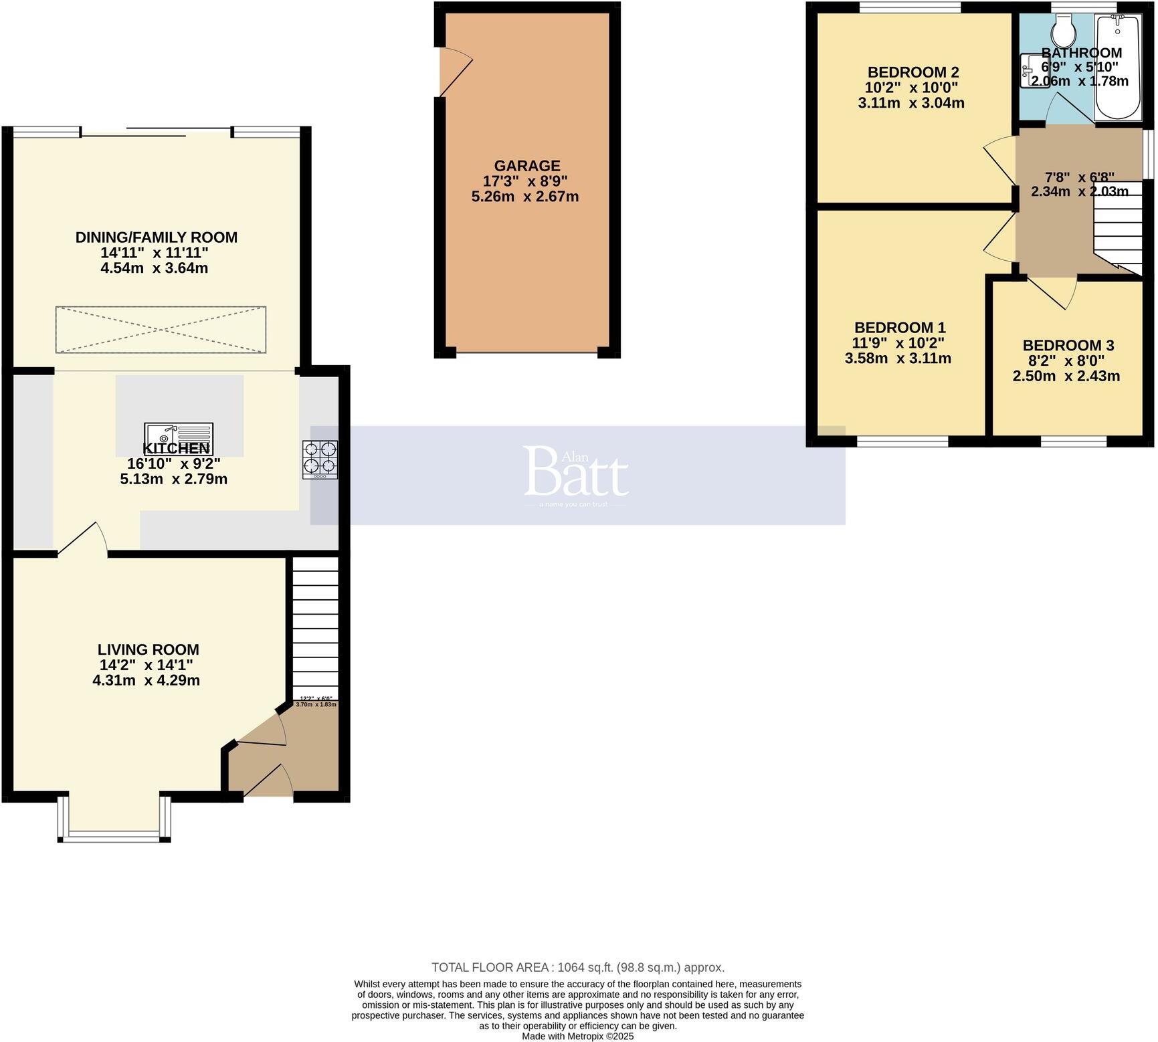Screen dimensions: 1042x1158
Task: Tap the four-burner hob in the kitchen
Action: [320, 459]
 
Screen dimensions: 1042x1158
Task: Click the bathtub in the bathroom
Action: [1118, 67]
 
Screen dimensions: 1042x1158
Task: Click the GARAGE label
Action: [526, 166]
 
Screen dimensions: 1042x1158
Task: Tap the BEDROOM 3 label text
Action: [1068, 346]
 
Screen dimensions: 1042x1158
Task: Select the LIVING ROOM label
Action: [148, 649]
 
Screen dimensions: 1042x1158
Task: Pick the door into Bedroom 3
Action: [1052, 293]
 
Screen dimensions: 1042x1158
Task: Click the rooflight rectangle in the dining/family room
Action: [161, 330]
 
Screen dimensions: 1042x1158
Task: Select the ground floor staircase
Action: [315, 629]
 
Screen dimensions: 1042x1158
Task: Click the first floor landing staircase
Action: [1118, 227]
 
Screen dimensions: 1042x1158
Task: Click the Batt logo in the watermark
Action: [576, 472]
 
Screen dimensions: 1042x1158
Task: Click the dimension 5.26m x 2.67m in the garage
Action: [525, 197]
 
